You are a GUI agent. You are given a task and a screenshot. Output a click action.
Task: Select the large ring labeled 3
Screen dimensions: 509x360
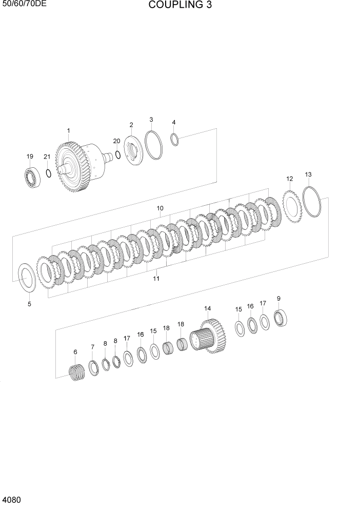153,146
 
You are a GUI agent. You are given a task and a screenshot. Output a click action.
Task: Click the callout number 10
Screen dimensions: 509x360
160,208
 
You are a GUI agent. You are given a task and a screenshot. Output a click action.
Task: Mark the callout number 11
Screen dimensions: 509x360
156,279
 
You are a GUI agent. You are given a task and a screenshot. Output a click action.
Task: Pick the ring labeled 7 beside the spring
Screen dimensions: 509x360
94,367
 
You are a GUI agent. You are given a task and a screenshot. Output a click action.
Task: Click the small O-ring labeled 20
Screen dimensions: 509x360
118,155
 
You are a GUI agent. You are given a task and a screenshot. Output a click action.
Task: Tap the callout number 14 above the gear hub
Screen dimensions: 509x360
207,308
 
